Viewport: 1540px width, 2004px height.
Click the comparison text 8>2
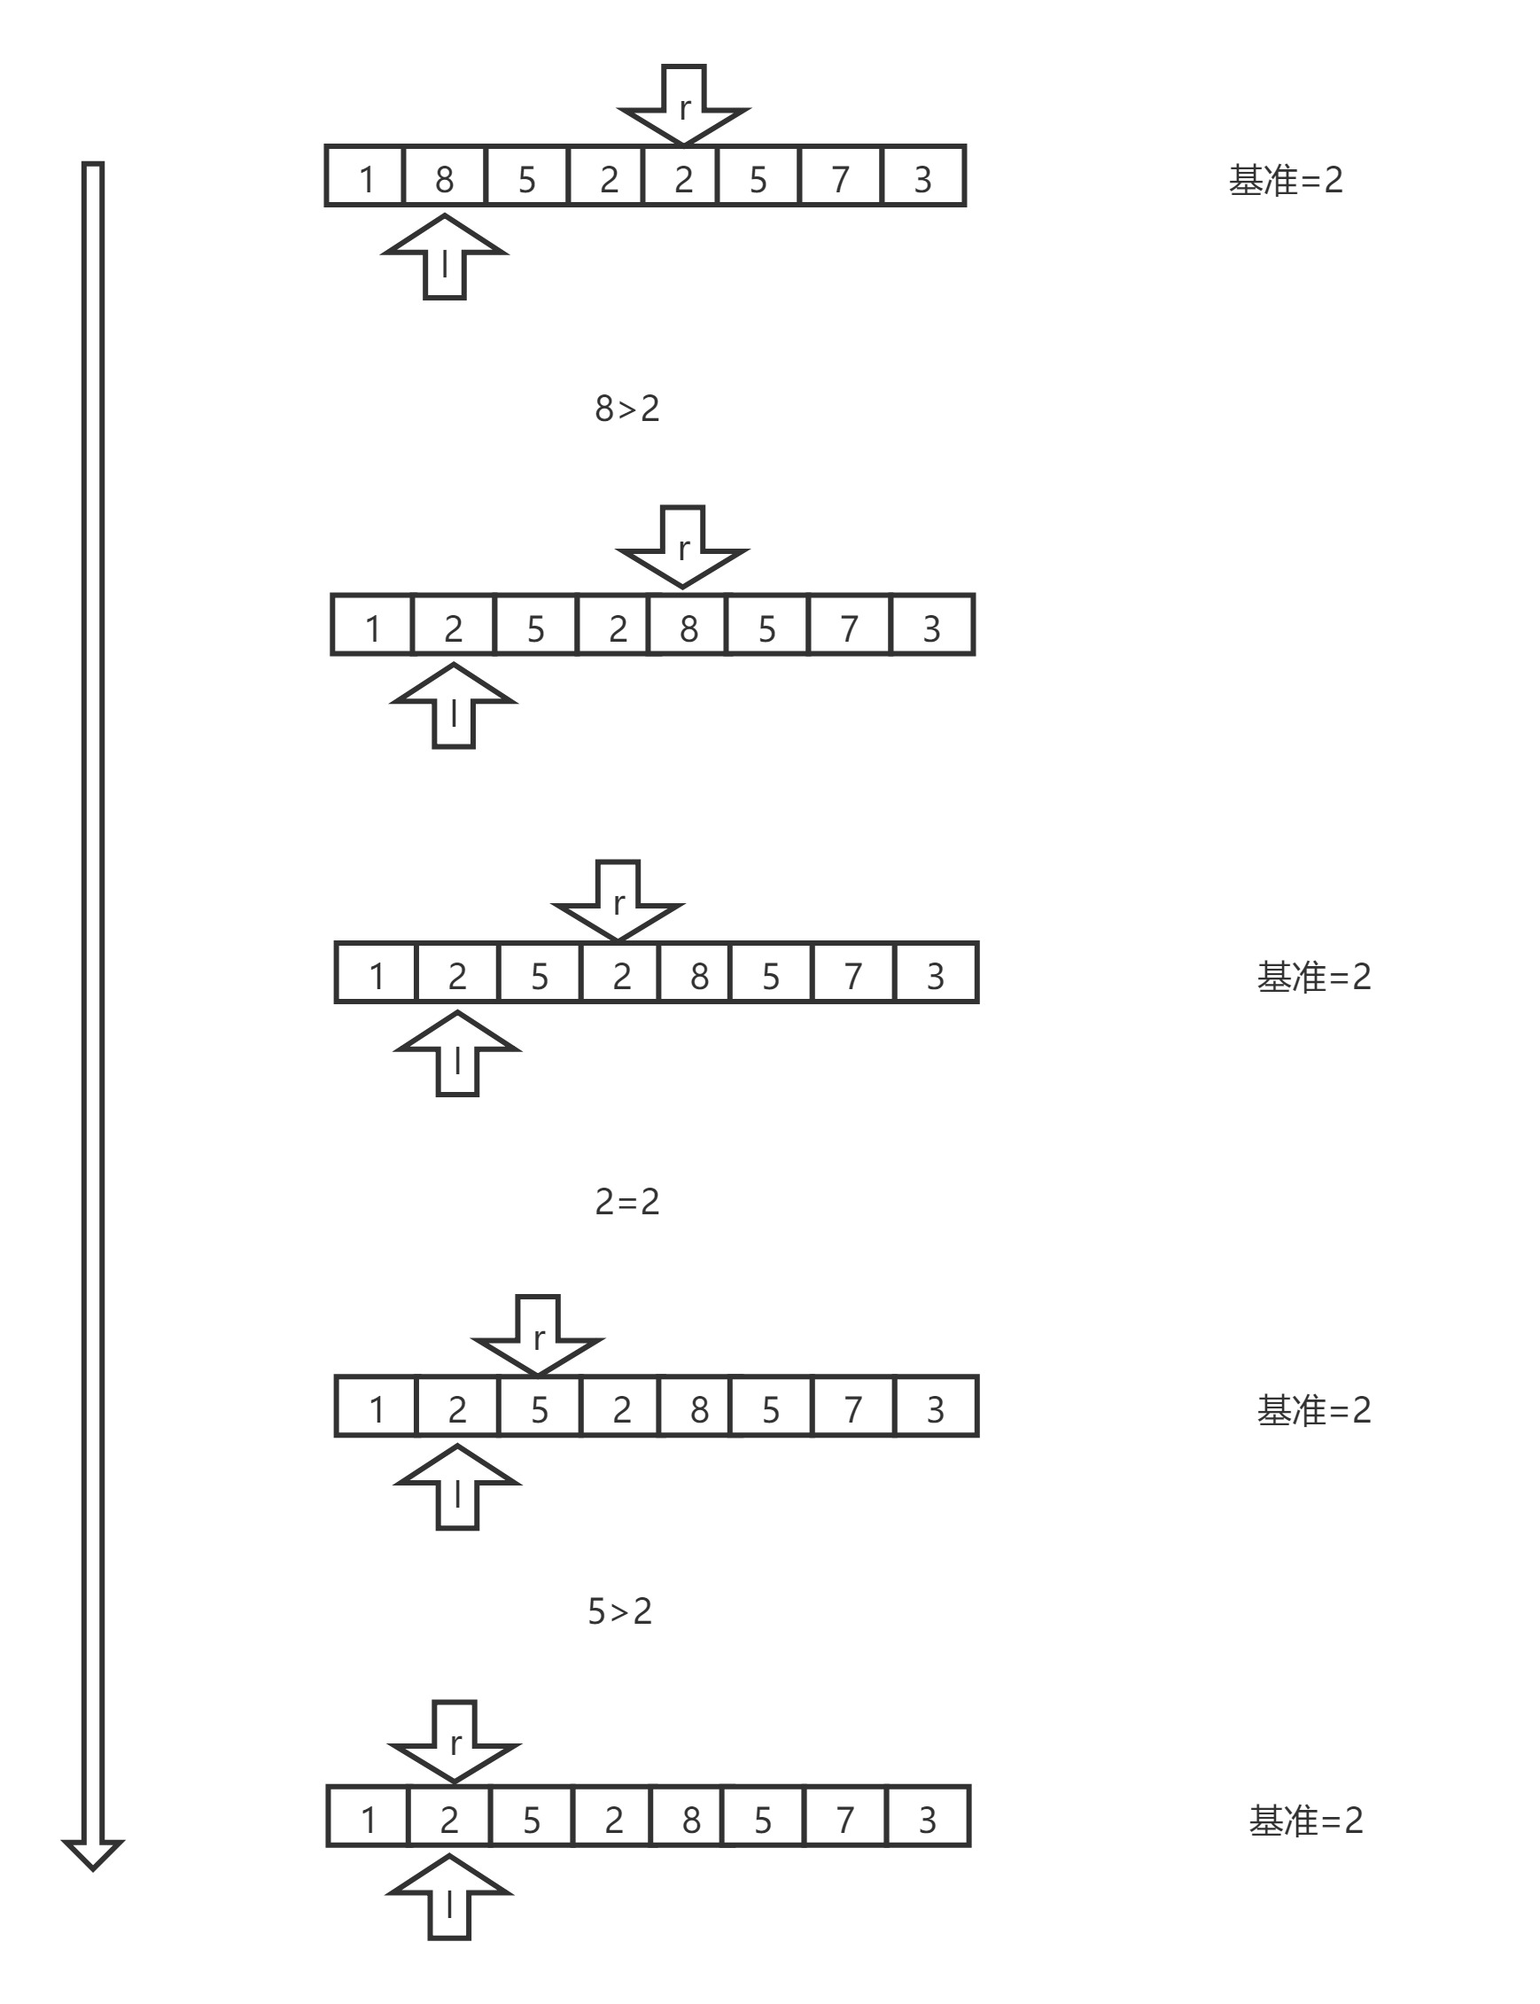click(x=627, y=409)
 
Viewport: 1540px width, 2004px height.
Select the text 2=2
click(x=627, y=1202)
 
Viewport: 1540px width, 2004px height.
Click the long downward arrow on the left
click(x=92, y=1009)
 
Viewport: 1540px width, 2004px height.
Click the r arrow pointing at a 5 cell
click(x=538, y=1334)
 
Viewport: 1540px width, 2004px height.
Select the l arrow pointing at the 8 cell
click(x=445, y=259)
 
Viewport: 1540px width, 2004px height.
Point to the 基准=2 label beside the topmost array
click(x=1285, y=180)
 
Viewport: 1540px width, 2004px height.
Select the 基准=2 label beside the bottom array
click(x=1305, y=1820)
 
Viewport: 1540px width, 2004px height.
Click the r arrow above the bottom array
click(x=455, y=1739)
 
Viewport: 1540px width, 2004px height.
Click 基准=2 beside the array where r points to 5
click(x=1313, y=1410)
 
